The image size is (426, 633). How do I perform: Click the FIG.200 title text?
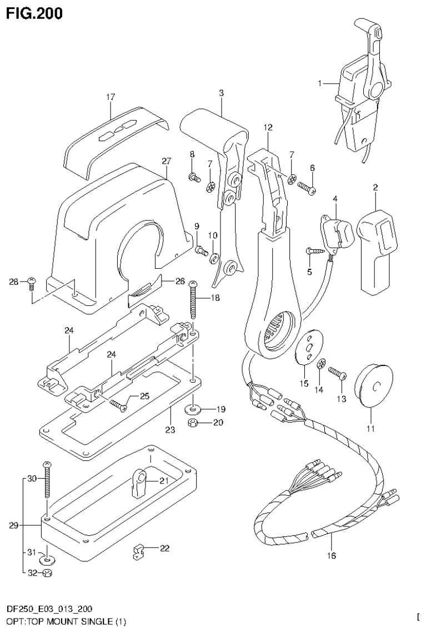click(x=33, y=12)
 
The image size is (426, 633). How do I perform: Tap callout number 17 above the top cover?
click(x=110, y=97)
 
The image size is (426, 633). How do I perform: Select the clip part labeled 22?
click(x=138, y=552)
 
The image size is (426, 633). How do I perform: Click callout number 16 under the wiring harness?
click(x=333, y=554)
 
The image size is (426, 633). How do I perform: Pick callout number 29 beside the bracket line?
click(x=13, y=525)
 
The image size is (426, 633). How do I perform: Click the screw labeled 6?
click(x=306, y=188)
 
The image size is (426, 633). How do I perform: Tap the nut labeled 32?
click(x=48, y=574)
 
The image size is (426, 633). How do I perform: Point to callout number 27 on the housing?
click(x=166, y=160)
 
